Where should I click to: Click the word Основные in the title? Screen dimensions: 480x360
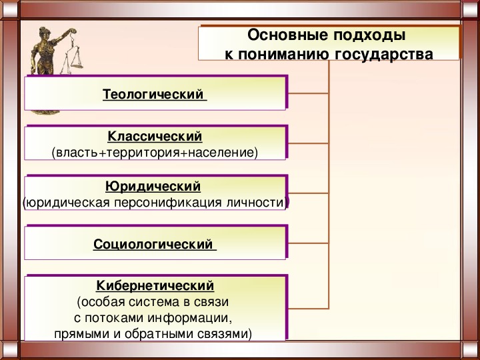[x=287, y=35]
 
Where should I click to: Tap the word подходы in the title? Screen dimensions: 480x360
[x=369, y=36]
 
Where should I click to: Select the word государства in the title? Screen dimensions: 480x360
[x=383, y=55]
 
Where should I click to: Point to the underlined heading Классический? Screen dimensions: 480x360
[x=155, y=137]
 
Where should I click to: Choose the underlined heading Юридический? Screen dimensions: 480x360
[x=153, y=187]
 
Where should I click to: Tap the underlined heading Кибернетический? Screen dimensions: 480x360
[x=155, y=286]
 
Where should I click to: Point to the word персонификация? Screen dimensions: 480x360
[x=167, y=203]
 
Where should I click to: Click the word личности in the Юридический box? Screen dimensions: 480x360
[x=255, y=203]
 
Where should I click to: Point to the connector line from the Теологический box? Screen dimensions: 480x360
[x=308, y=93]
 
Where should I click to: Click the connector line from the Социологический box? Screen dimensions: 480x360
[x=308, y=243]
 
